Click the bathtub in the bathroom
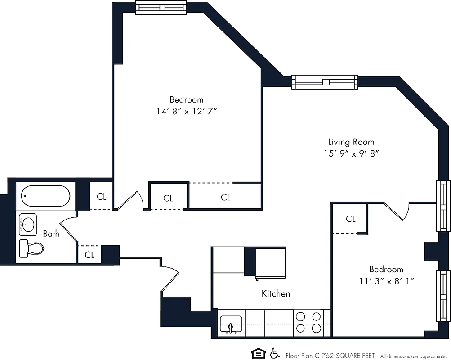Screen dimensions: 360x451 pos(46,196)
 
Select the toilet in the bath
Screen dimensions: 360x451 pos(32,247)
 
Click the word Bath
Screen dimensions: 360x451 pos(51,234)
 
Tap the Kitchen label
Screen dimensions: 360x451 pos(276,293)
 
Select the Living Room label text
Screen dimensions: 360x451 pos(351,142)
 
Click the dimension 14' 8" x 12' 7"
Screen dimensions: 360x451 pos(187,110)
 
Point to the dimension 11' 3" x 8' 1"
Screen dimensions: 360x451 pos(386,280)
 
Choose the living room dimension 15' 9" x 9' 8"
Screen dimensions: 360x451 pos(351,153)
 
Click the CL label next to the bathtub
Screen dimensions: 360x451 pos(102,197)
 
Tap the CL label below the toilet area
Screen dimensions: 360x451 pos(89,255)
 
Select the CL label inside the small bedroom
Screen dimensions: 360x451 pos(351,219)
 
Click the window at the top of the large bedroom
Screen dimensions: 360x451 pos(161,7)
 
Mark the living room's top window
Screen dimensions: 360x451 pos(324,81)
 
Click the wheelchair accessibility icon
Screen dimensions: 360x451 pos(274,353)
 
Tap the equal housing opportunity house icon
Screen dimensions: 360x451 pos(257,353)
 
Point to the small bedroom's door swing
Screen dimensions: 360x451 pos(396,211)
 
